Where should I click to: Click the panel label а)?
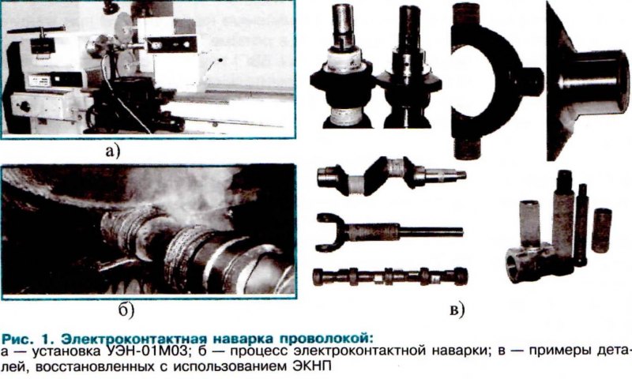point(113,152)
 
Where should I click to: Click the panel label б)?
point(126,310)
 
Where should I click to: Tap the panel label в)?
point(457,310)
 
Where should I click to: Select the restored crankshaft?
point(391,176)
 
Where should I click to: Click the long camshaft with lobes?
point(390,276)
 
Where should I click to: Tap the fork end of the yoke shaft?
point(329,232)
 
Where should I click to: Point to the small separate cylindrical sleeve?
point(602,230)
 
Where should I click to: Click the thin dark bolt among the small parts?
point(581,225)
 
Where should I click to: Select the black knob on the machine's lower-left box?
point(24,107)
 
